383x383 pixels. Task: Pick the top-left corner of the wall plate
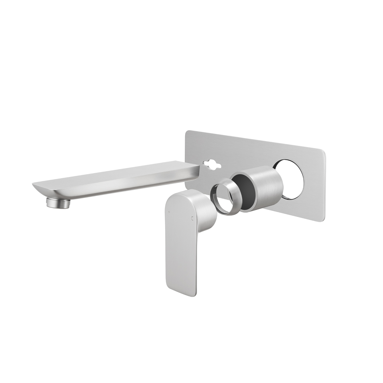pyautogui.click(x=187, y=133)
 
